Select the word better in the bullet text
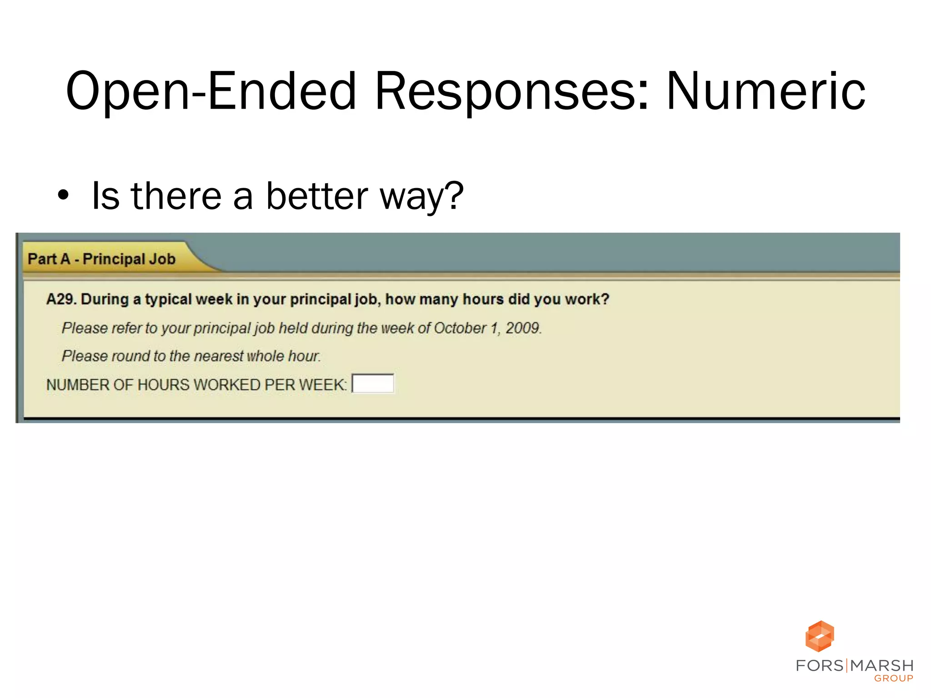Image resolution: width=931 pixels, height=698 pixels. (x=317, y=196)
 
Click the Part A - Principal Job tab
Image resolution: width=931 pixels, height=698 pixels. (x=102, y=259)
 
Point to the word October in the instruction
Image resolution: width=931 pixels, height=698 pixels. (x=460, y=328)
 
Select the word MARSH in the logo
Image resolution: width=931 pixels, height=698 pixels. (x=881, y=666)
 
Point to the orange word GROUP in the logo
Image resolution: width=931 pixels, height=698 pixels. (x=893, y=678)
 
